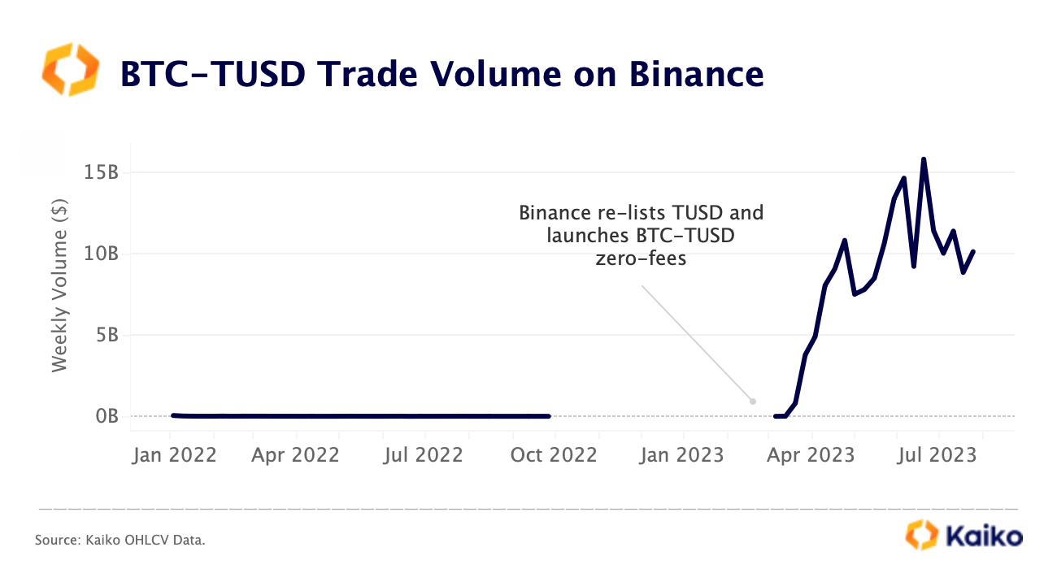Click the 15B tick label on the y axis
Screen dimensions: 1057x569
pos(101,172)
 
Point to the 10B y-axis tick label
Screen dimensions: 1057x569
pos(101,254)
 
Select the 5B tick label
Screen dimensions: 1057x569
pos(107,335)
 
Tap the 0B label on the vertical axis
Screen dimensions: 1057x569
pos(107,416)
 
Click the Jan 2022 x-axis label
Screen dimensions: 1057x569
pos(174,455)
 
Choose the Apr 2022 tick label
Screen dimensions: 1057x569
pos(295,455)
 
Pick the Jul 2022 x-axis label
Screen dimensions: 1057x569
pos(423,455)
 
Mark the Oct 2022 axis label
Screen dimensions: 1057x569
pos(554,455)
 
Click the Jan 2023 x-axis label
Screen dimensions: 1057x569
pos(681,455)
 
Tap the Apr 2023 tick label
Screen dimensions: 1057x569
pos(811,455)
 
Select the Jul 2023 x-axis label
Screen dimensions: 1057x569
pos(937,455)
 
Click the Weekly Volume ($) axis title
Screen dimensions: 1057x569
pos(60,285)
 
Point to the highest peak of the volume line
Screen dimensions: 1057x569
pos(924,159)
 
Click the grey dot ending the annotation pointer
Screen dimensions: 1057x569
pos(753,402)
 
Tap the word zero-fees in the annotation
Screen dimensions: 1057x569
pos(641,258)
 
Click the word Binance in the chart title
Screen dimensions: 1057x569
pos(697,74)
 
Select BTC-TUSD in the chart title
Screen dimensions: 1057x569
pos(213,74)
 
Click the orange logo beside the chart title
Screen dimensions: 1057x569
pos(70,69)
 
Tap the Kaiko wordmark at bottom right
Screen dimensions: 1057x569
pos(985,536)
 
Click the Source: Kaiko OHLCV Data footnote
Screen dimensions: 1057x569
pos(120,540)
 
